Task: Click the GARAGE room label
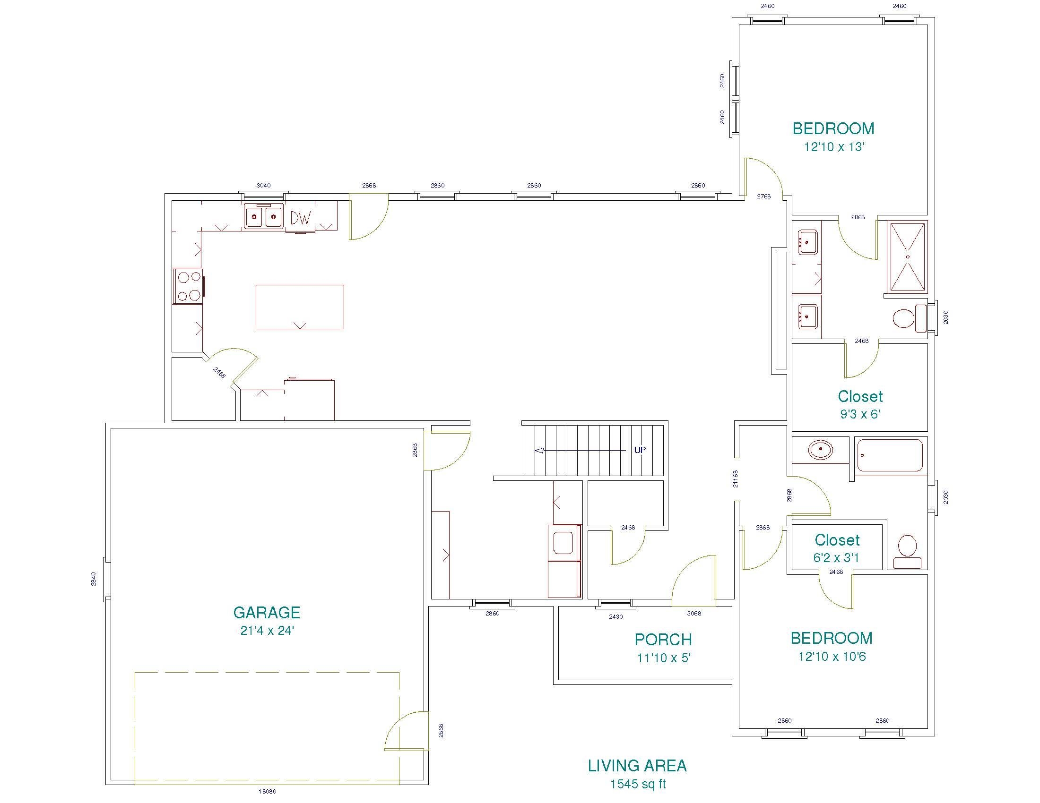pyautogui.click(x=267, y=612)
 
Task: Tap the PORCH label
pyautogui.click(x=663, y=640)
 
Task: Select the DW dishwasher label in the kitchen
pyautogui.click(x=301, y=218)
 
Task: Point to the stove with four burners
pyautogui.click(x=189, y=286)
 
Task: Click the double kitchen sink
pyautogui.click(x=263, y=217)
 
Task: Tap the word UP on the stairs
pyautogui.click(x=640, y=450)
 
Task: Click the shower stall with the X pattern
pyautogui.click(x=908, y=257)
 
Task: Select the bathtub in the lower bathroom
pyautogui.click(x=890, y=456)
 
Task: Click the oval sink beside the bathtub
pyautogui.click(x=821, y=450)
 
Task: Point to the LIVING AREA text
pyautogui.click(x=637, y=765)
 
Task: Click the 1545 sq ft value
pyautogui.click(x=638, y=784)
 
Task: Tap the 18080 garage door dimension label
pyautogui.click(x=267, y=792)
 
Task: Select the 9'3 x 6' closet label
pyautogui.click(x=860, y=414)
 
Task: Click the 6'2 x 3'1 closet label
pyautogui.click(x=836, y=557)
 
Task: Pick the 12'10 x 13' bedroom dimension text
pyautogui.click(x=834, y=147)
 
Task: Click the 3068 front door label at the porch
pyautogui.click(x=694, y=614)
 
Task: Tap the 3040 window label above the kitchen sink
pyautogui.click(x=263, y=186)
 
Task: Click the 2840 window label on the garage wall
pyautogui.click(x=94, y=579)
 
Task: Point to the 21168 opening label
pyautogui.click(x=736, y=479)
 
